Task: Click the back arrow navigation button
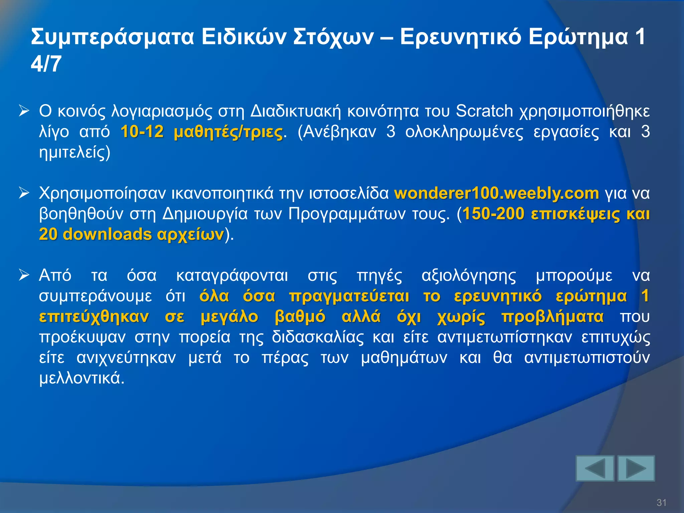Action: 595,468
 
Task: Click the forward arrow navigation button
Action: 636,468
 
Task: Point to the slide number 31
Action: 661,503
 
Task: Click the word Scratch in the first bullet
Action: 484,111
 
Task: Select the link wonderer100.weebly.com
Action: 497,193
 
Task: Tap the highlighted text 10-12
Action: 142,132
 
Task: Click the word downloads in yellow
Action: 107,234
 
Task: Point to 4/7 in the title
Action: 46,64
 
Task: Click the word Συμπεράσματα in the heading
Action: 113,37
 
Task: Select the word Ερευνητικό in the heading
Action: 461,37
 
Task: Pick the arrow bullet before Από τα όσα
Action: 24,275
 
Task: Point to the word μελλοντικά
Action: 82,378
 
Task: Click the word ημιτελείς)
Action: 74,153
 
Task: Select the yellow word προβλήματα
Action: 552,317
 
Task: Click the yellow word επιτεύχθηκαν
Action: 94,317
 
